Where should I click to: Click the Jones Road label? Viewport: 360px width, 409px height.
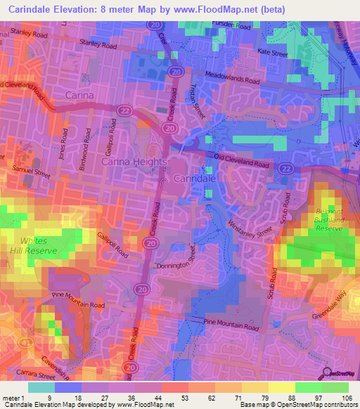click(63, 140)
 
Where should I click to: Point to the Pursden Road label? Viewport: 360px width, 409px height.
click(232, 25)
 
